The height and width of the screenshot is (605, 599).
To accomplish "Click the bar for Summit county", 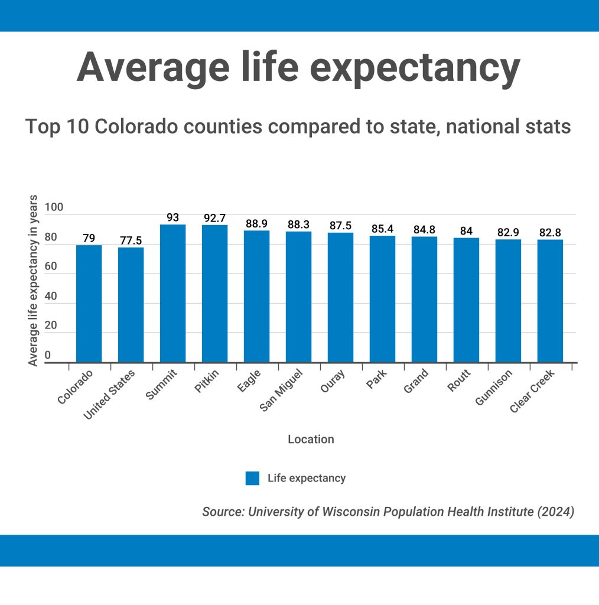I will point(172,293).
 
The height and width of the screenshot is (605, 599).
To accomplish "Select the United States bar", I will point(131,304).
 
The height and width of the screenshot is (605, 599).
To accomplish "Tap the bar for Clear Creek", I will point(550,301).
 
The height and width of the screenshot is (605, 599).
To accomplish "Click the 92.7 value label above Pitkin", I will point(214,218).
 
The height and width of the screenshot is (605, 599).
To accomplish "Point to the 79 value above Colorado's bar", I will point(89,238).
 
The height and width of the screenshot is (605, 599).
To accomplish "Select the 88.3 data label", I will point(298,225).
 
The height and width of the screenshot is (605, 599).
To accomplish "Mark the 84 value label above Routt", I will point(466,231).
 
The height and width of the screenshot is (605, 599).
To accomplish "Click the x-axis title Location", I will point(311,439).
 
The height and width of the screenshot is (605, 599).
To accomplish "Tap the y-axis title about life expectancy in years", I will point(34,280).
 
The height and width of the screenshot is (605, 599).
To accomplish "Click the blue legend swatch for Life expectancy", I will point(252,478).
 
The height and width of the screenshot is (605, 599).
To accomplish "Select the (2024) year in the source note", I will point(555,512).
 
